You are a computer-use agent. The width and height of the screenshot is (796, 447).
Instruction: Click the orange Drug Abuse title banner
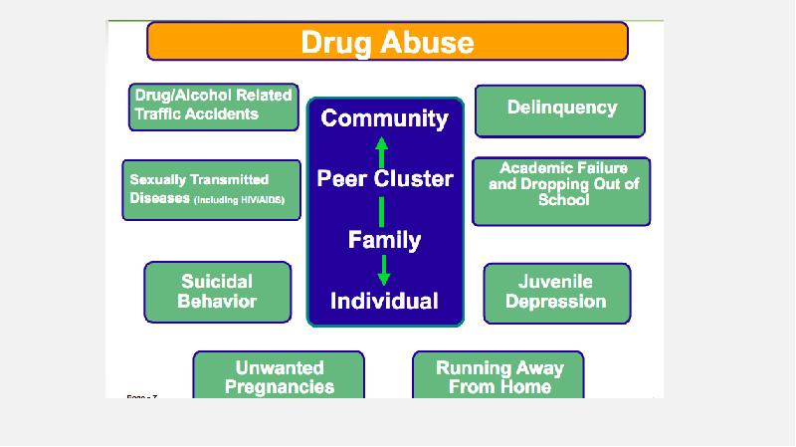coord(387,42)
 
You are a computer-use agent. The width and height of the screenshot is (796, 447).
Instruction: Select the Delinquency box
coord(560,110)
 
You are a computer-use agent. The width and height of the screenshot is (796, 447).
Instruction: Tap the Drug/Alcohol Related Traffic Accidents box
coord(213,106)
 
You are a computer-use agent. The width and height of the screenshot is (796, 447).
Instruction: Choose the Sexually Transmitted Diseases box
coord(211,189)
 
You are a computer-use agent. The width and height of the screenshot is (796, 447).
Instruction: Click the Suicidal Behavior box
coord(217,292)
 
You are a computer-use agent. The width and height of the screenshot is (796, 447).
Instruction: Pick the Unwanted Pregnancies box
coord(279,376)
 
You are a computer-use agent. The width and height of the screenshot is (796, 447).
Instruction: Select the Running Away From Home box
coord(498,376)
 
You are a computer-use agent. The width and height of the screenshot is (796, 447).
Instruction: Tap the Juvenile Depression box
coord(556,292)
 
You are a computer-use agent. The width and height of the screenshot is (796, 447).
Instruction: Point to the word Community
coord(385,119)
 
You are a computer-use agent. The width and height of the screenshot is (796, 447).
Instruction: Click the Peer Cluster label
coord(385,179)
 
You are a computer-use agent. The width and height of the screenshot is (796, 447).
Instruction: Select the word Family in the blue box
coord(384,240)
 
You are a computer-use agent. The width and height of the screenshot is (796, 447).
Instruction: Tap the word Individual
coord(384,301)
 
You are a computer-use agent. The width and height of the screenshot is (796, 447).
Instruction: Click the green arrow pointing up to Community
coord(380,150)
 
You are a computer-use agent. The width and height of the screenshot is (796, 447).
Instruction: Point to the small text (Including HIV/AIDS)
coord(240,200)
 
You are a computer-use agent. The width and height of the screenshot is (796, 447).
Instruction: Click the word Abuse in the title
coord(431,42)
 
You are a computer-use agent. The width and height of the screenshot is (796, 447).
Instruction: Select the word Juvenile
coord(556,282)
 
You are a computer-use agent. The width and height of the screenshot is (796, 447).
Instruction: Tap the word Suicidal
coord(217,282)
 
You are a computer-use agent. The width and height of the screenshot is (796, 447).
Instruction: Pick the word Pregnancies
coord(279,386)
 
